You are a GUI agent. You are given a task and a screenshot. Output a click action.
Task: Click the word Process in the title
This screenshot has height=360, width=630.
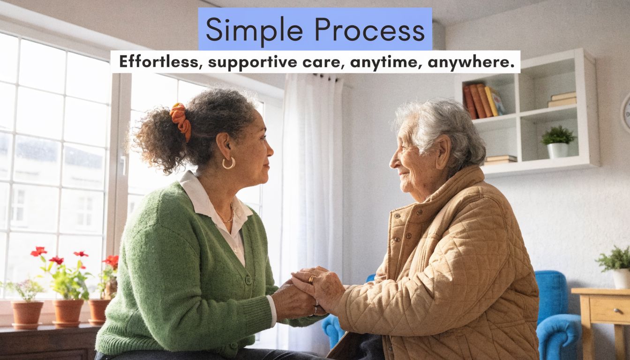(x=369, y=30)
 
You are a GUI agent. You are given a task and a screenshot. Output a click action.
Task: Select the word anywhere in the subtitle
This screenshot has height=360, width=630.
(x=471, y=62)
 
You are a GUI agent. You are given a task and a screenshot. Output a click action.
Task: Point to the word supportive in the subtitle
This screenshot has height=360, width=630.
(x=252, y=62)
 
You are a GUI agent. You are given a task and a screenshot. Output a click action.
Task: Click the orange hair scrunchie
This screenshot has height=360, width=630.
(x=180, y=120)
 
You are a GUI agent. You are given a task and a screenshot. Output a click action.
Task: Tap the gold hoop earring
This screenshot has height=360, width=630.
(x=228, y=163)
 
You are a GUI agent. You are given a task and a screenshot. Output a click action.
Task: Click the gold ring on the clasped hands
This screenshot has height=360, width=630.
(x=311, y=279)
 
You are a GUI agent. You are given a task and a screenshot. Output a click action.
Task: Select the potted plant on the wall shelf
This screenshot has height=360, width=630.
(x=558, y=142)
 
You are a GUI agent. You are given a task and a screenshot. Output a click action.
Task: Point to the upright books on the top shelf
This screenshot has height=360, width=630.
(x=483, y=101)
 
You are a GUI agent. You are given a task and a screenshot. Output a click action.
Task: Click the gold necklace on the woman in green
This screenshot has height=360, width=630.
(x=226, y=217)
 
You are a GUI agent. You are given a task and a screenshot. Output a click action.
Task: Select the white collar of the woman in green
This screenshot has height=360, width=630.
(x=214, y=202)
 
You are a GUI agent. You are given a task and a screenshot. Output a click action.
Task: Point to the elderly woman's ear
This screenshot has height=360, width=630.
(x=443, y=152)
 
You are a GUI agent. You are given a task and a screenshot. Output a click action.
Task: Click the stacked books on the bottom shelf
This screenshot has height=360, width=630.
(x=501, y=160)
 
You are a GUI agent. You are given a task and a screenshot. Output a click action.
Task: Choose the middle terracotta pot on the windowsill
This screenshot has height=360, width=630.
(x=68, y=313)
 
